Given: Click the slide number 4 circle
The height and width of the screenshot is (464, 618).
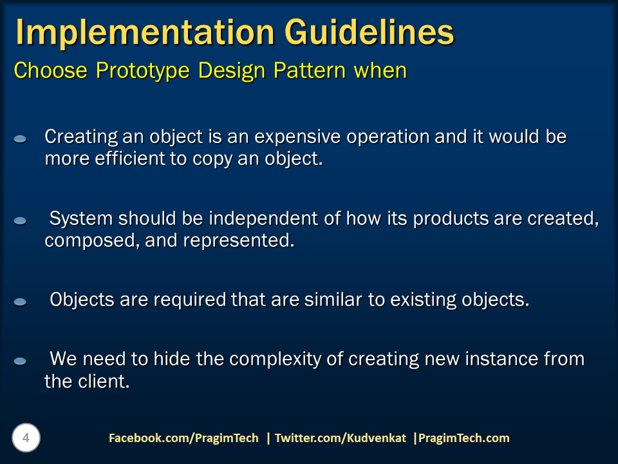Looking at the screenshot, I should (x=26, y=438).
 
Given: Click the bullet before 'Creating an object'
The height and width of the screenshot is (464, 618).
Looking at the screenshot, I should (x=20, y=139).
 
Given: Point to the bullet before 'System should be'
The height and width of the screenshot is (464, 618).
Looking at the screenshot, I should (x=20, y=220).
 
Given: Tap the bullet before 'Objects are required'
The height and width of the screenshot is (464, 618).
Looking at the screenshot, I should (x=20, y=302).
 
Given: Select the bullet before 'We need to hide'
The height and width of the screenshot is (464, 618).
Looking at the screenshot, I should (x=20, y=361).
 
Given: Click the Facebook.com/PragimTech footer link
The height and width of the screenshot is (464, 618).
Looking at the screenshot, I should (x=183, y=438).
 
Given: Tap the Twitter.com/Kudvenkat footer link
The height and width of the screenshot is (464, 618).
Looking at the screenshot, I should (x=340, y=438).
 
